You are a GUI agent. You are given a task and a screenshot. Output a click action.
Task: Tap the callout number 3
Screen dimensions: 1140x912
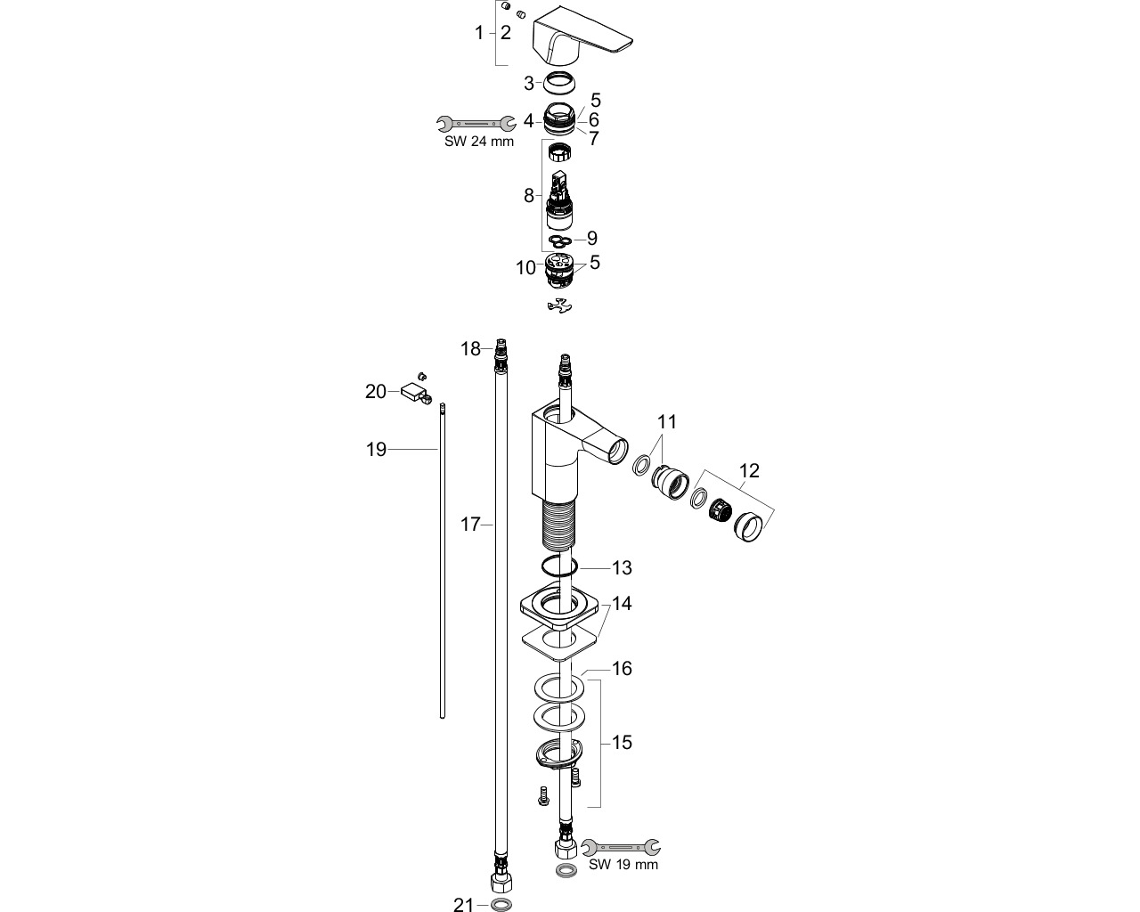[x=529, y=83]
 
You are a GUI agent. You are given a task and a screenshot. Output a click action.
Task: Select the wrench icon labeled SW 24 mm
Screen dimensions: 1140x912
[x=476, y=124]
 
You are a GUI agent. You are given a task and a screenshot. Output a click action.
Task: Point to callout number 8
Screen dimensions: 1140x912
[x=529, y=196]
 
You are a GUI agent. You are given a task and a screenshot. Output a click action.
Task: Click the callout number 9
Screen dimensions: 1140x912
[x=591, y=239]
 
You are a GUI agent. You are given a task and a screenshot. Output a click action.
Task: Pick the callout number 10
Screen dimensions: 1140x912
[x=526, y=268]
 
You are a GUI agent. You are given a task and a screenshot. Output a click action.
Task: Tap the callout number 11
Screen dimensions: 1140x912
[x=667, y=422]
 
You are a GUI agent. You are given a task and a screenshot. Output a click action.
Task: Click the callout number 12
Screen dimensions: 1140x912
[x=749, y=470]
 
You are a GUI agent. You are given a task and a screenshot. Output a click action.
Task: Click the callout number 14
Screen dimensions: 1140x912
[x=622, y=603]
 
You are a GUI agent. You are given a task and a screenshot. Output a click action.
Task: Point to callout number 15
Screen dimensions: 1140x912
[x=622, y=743]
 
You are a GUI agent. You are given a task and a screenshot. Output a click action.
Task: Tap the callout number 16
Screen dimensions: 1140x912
[x=622, y=668]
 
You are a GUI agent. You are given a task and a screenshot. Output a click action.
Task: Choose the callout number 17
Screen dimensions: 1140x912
[x=470, y=525]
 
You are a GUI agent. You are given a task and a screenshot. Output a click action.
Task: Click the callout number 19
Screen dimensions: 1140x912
[x=376, y=450]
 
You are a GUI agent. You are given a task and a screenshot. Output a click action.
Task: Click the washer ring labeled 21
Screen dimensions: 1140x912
[x=501, y=904]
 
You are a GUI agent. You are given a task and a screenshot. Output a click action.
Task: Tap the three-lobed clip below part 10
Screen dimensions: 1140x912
[x=559, y=305]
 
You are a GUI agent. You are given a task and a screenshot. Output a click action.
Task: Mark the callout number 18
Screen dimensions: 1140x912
[x=470, y=349]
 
